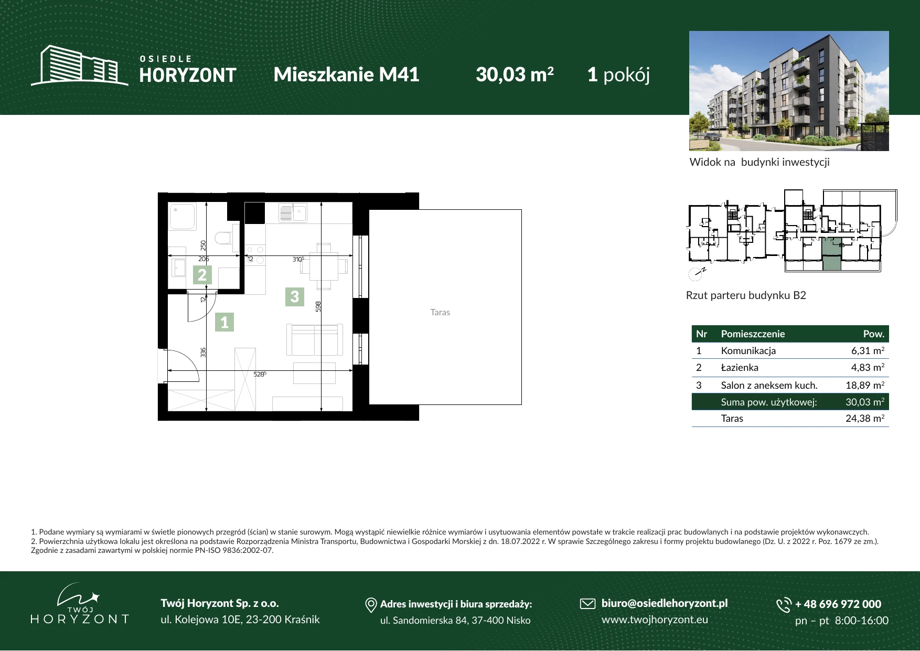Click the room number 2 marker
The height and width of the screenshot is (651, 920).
tap(202, 275)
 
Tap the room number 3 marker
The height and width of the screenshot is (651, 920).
tap(294, 297)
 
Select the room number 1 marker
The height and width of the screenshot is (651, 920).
tap(224, 322)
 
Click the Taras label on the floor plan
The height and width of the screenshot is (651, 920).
tap(440, 312)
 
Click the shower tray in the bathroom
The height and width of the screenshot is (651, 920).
tap(182, 217)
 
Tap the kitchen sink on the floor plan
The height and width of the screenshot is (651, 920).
tap(293, 213)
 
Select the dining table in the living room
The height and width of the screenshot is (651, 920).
tap(324, 266)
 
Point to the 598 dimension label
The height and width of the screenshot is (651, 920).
tap(318, 306)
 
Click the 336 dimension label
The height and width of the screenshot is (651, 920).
tap(203, 353)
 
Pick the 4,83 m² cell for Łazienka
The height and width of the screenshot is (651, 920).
tap(868, 367)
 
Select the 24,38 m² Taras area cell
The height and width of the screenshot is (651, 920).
tap(865, 418)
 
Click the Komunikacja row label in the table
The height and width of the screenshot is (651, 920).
tap(748, 350)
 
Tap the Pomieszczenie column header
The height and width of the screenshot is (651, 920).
tap(753, 334)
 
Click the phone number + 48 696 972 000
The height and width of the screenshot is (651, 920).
tap(838, 604)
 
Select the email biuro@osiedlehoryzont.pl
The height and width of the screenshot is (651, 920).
tap(664, 603)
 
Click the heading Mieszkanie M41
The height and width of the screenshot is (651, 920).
tap(346, 74)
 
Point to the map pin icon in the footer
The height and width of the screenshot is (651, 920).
tap(371, 605)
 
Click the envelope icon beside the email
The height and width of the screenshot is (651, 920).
tap(587, 604)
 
